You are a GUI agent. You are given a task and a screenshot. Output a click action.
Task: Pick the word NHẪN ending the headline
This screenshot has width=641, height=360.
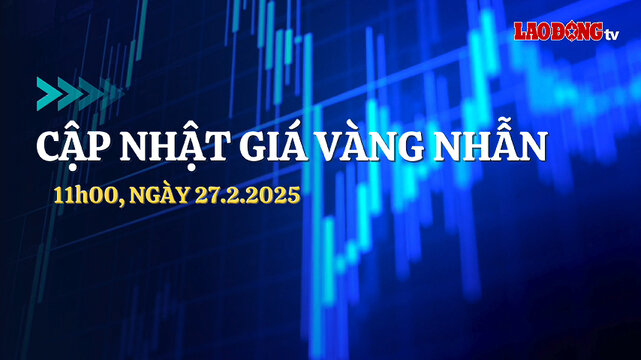[x=490, y=146]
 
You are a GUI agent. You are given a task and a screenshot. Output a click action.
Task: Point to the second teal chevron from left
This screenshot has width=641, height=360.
[x=70, y=92]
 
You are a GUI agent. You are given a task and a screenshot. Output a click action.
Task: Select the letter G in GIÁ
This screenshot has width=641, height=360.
[x=236, y=147]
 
